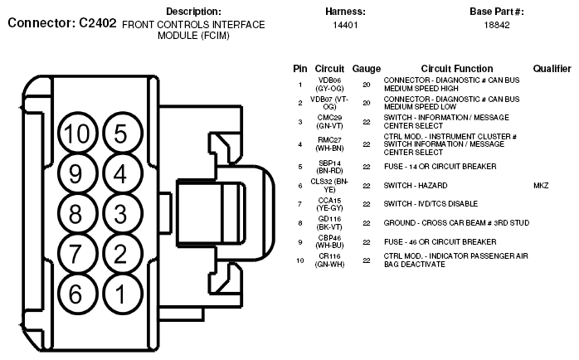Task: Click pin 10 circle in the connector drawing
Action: tap(77, 134)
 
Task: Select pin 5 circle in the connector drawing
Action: tap(120, 134)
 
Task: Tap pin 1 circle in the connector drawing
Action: tap(120, 293)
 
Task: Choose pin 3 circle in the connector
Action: tap(120, 214)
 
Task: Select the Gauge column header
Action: tap(366, 69)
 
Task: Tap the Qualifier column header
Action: tap(552, 69)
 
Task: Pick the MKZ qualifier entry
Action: tap(541, 186)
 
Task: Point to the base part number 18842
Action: tap(497, 26)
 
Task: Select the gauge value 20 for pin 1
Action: tap(366, 85)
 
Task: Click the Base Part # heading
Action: tap(497, 12)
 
